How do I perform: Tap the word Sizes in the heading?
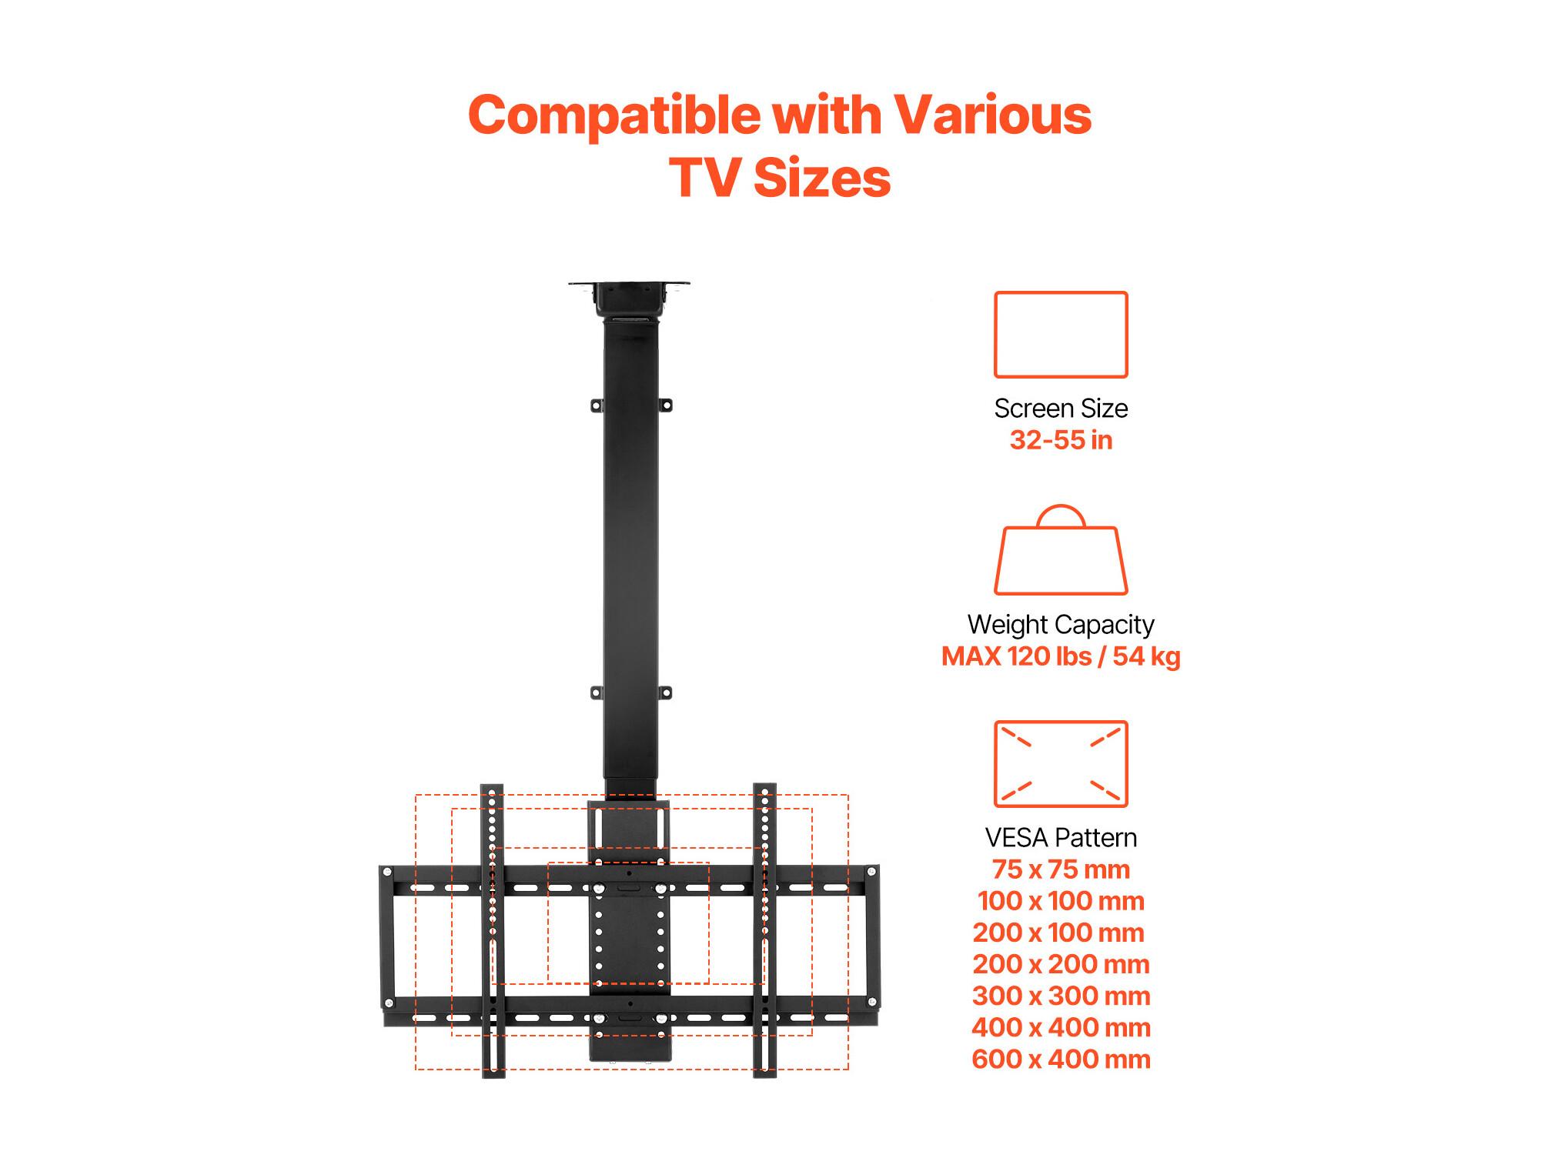[x=821, y=179]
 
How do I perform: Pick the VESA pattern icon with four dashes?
[x=1061, y=722]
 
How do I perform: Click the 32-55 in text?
[x=1061, y=440]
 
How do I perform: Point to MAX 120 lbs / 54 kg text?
[x=1061, y=656]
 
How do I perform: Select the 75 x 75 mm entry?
[x=1061, y=869]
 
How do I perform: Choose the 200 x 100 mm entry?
[x=1058, y=933]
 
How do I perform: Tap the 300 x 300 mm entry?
[x=1061, y=996]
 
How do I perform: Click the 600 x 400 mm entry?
[x=1061, y=1059]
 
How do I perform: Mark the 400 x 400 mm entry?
[x=1061, y=1027]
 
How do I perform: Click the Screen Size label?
[x=1061, y=408]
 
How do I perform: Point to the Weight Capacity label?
[x=1061, y=625]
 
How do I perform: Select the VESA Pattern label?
[x=1061, y=837]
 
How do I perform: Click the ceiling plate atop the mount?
[x=629, y=285]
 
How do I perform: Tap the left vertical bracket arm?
[x=493, y=930]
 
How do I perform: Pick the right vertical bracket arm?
[x=764, y=930]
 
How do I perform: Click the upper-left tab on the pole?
[x=597, y=405]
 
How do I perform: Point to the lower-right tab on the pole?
[x=665, y=692]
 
